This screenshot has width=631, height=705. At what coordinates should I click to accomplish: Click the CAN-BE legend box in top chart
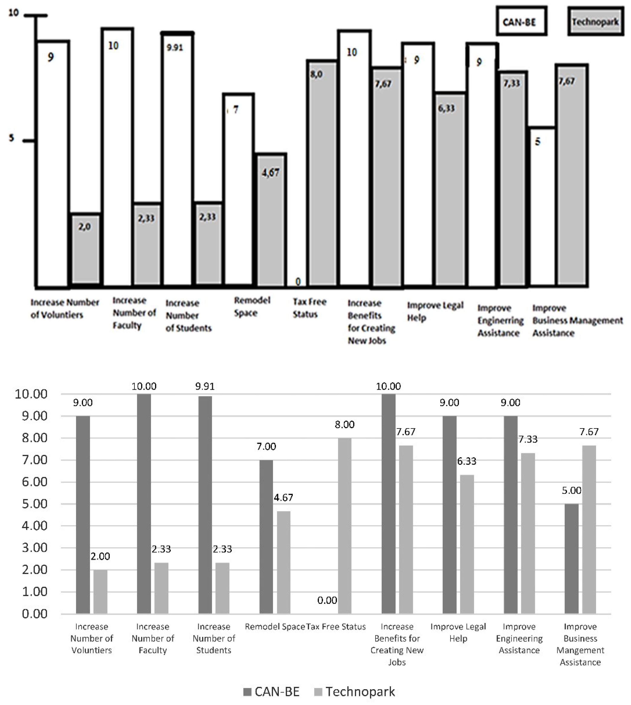tap(521, 22)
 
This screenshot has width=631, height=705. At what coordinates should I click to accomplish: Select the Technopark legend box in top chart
tap(595, 22)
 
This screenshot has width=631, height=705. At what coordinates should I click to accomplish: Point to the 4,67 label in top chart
tap(270, 172)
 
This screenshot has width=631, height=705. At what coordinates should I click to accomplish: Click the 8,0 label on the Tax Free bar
tap(316, 74)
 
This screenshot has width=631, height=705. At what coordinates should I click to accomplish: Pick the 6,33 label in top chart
tap(446, 109)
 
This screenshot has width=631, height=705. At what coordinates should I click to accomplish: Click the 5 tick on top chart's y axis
tap(12, 138)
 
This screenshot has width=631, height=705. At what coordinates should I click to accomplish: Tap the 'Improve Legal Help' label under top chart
tap(435, 311)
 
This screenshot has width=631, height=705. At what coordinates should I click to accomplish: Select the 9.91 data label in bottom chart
tap(205, 386)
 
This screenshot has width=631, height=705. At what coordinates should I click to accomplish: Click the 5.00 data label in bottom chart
tap(571, 491)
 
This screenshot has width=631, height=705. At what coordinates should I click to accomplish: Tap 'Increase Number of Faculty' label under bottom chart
tap(152, 638)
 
